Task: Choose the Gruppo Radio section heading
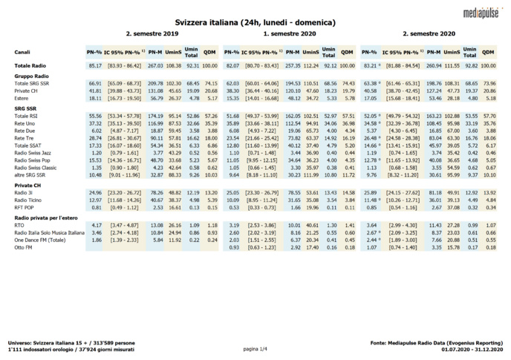click(30, 76)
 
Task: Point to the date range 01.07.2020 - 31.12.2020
click(472, 349)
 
